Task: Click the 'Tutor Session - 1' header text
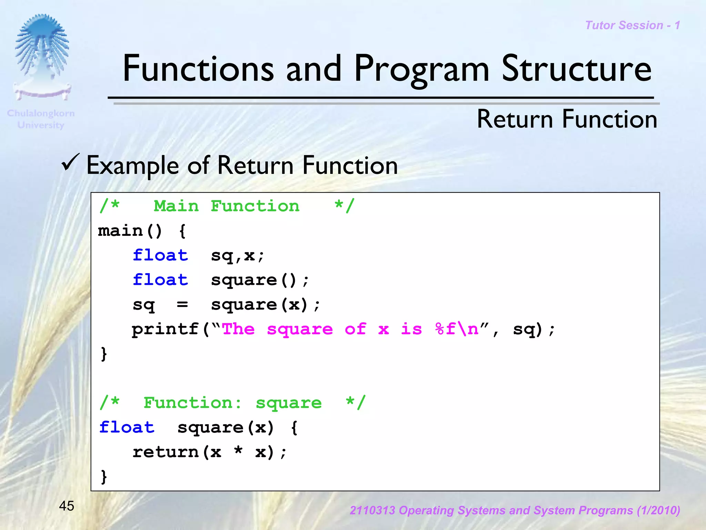coord(633,26)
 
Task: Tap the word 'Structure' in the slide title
coord(576,69)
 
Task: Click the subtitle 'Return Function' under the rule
coord(567,119)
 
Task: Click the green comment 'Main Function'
coord(226,206)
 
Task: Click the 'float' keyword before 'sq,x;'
coord(160,256)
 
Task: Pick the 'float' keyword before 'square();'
coord(160,280)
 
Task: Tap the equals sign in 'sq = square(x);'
coord(182,304)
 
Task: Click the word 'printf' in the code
coord(165,329)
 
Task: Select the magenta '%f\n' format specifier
coord(457,329)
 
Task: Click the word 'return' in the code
coord(165,452)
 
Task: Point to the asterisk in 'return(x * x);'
coord(238,451)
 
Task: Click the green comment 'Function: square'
coord(232,403)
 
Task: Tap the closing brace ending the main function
coord(104,354)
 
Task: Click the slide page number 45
coord(67,506)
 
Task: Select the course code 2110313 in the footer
coord(372,510)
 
